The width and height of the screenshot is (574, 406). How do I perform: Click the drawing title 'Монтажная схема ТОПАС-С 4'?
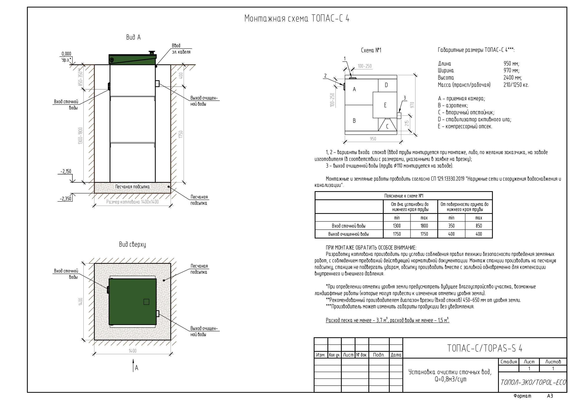(x=297, y=19)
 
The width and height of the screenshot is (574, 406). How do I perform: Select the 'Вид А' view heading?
(x=133, y=38)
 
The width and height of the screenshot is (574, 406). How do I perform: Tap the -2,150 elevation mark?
(x=66, y=172)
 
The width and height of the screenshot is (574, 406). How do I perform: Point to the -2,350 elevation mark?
(x=66, y=199)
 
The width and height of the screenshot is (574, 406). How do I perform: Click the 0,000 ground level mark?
(x=66, y=54)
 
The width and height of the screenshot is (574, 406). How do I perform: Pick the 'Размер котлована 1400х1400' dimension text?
(x=133, y=202)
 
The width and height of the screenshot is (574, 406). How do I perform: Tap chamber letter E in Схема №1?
(x=385, y=105)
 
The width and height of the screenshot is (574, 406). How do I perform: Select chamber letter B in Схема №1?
(x=354, y=121)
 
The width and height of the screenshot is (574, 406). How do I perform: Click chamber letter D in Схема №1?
(x=386, y=85)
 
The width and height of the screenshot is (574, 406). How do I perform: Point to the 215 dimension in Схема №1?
(x=407, y=123)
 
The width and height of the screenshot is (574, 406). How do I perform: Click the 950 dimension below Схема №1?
(x=373, y=139)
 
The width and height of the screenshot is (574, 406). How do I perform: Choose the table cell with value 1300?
(x=397, y=226)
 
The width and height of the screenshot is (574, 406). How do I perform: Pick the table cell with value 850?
(x=479, y=226)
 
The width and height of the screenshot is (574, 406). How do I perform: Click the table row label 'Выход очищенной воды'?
(x=348, y=234)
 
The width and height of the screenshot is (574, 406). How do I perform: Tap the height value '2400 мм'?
(x=513, y=78)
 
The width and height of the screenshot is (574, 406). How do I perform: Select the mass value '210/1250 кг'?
(x=516, y=85)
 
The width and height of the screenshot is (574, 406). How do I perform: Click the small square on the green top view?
(x=146, y=302)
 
